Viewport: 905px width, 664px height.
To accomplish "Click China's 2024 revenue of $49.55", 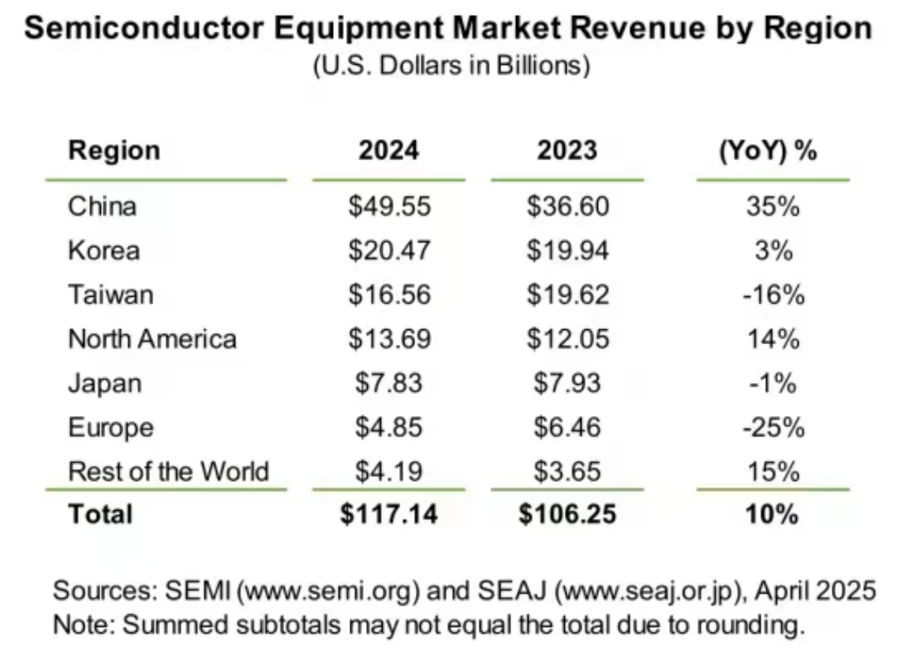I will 389,207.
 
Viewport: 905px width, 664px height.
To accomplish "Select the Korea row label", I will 104,251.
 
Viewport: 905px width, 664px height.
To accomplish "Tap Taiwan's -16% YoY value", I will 772,295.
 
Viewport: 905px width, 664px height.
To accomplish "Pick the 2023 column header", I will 567,150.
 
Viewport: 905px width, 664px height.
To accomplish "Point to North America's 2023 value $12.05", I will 567,340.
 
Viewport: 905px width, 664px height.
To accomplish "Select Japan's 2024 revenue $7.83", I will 389,384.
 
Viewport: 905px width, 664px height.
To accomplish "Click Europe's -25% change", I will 772,428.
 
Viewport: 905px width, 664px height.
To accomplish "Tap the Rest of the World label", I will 169,472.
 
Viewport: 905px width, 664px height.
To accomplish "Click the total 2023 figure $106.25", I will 567,515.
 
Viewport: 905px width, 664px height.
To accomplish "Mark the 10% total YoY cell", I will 772,515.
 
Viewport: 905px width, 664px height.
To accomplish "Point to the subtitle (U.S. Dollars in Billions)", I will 451,66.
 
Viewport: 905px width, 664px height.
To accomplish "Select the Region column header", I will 114,150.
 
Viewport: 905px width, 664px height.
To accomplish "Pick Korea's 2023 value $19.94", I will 567,251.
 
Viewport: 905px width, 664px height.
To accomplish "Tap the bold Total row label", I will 100,515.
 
